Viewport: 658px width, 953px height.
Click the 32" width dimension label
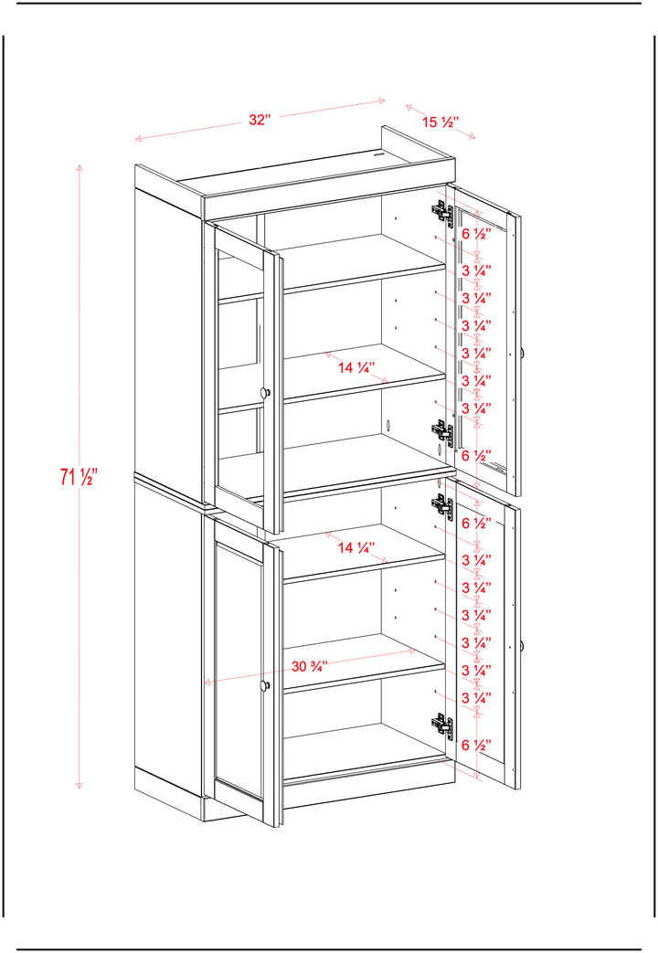click(x=259, y=120)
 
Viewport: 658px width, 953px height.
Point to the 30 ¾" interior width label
click(x=310, y=666)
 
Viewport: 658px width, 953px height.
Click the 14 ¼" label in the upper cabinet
click(x=356, y=367)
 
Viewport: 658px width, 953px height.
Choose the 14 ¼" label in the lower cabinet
click(x=356, y=547)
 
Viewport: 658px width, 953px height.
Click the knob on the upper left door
click(x=264, y=393)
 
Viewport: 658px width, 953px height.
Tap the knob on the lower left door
click(x=264, y=686)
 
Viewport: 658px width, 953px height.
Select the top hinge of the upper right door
click(x=442, y=213)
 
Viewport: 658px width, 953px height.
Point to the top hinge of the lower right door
click(x=442, y=506)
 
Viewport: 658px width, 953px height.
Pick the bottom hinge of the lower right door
click(x=442, y=725)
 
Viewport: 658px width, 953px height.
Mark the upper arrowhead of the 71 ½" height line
click(x=80, y=167)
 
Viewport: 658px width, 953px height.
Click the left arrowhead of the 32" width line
click(x=139, y=139)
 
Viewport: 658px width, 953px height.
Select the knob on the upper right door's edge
click(x=522, y=353)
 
